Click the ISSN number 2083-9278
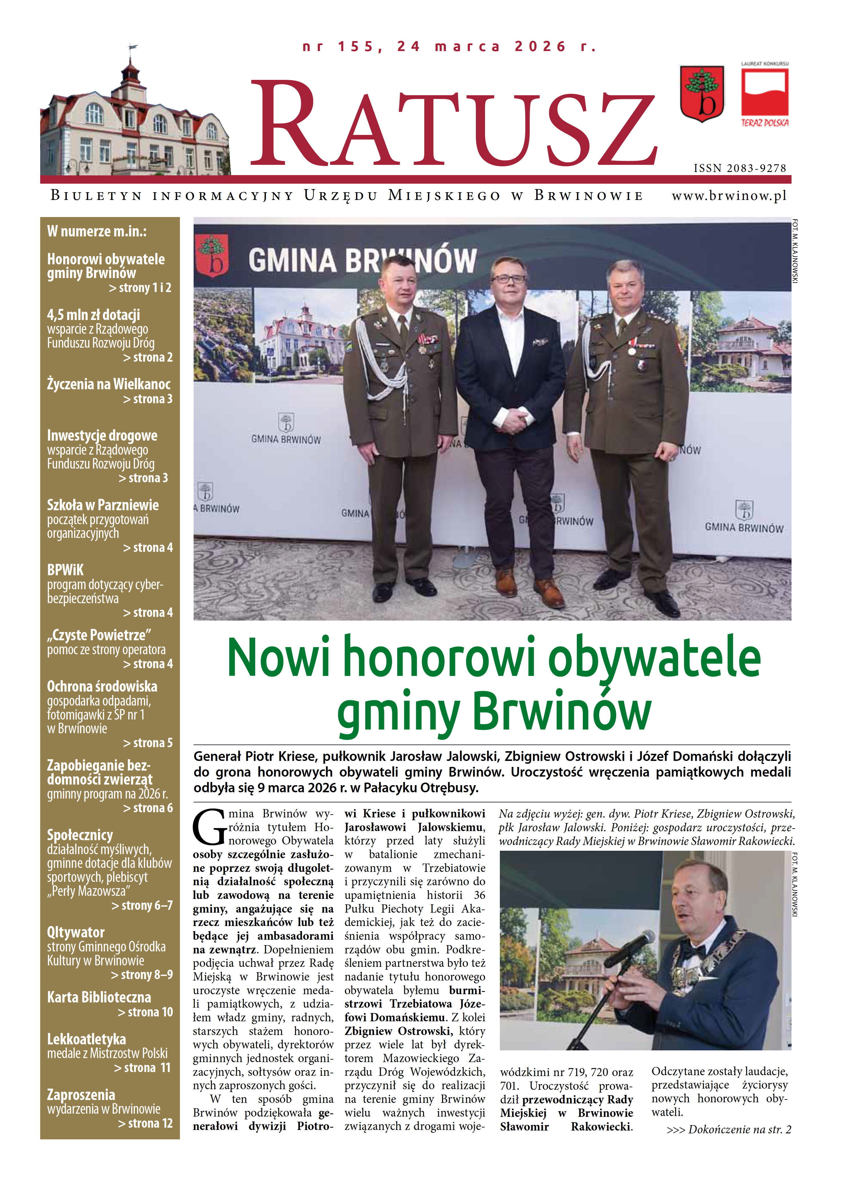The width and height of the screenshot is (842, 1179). (x=740, y=169)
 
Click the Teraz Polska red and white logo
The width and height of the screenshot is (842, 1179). (x=765, y=96)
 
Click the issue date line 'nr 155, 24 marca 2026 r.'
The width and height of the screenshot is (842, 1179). (x=449, y=47)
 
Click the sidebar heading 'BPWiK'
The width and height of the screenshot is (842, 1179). (x=65, y=570)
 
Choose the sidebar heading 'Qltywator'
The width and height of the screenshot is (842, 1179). (x=76, y=932)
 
